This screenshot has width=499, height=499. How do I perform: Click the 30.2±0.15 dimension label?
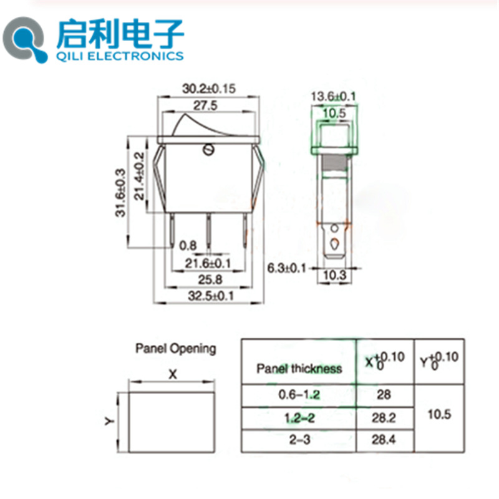(209, 89)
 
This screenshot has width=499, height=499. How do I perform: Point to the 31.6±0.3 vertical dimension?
(120, 192)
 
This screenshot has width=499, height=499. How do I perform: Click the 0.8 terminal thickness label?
(188, 246)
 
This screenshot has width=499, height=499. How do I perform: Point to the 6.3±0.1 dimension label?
(288, 268)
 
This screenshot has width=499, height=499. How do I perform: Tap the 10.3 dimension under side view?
(334, 276)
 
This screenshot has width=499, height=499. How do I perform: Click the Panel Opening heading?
(175, 349)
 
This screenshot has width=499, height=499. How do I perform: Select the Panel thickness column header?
(299, 369)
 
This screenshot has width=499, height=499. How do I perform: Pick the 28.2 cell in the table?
(385, 417)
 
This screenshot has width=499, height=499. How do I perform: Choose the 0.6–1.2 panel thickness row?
(299, 394)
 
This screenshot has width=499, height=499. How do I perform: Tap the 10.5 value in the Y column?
(440, 414)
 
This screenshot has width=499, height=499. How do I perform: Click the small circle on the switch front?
(209, 150)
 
